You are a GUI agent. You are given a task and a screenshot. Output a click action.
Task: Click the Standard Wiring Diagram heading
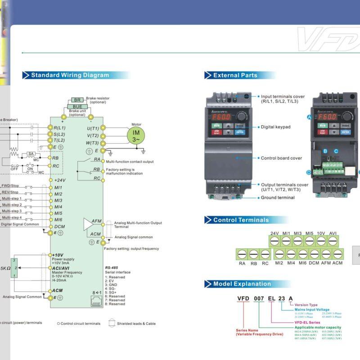point(70,75)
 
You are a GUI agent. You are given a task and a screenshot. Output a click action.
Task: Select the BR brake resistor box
point(77,100)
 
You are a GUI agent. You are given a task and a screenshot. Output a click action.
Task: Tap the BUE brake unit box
point(77,107)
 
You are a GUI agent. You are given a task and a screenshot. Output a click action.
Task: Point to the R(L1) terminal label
point(59,128)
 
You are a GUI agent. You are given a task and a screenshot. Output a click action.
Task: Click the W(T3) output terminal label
point(92,143)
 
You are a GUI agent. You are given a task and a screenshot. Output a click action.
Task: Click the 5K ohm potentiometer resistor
point(14,268)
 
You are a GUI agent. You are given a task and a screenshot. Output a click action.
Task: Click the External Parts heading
point(235,75)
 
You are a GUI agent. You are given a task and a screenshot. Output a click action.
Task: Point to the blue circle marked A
point(309,117)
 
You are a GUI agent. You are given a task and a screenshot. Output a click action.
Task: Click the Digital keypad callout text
point(275,127)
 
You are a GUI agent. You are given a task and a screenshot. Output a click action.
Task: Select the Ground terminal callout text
point(278,198)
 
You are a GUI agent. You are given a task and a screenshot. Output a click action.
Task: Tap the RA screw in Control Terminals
point(242,254)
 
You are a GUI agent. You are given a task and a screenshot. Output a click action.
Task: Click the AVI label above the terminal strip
point(333,233)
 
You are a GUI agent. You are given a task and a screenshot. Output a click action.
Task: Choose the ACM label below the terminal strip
point(337,263)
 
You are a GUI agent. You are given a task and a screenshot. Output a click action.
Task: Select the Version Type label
point(306,305)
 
